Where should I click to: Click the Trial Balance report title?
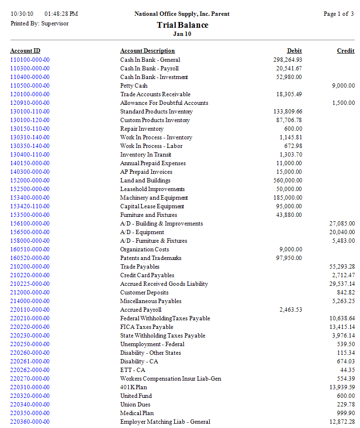click(x=182, y=25)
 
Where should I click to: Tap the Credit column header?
click(x=346, y=51)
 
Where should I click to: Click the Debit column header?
click(x=294, y=51)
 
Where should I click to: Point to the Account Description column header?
click(x=147, y=51)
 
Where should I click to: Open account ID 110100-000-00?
click(x=30, y=60)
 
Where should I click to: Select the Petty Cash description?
click(x=134, y=86)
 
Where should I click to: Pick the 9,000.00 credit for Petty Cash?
click(x=343, y=86)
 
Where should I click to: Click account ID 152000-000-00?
click(x=30, y=180)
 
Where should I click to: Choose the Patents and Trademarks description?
click(x=144, y=258)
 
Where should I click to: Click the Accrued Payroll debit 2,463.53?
click(x=291, y=310)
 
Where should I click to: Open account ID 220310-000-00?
click(x=30, y=387)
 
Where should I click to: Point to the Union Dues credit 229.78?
click(x=345, y=405)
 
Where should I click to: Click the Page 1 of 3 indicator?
click(x=338, y=14)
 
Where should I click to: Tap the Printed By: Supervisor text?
click(x=39, y=23)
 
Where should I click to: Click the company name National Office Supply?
click(x=182, y=14)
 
